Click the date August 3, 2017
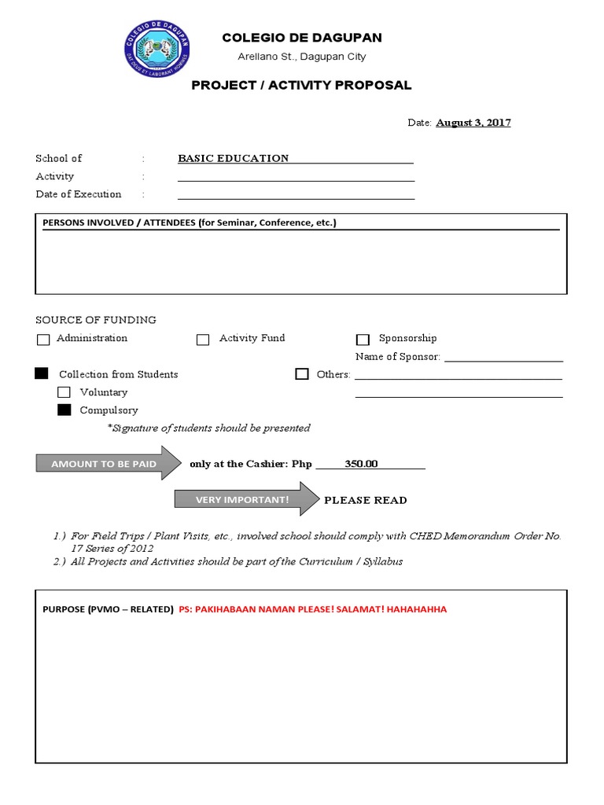tap(473, 123)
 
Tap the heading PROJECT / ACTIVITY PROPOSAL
tap(301, 85)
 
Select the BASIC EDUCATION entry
tap(234, 158)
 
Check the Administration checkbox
tap(42, 340)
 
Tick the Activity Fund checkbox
tap(203, 340)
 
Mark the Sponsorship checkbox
tap(363, 340)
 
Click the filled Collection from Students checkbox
tap(42, 374)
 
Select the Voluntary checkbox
tap(64, 392)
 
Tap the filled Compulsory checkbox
tap(64, 410)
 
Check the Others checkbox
tap(302, 374)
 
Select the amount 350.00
tap(361, 464)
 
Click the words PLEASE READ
tap(366, 500)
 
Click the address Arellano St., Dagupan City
tap(302, 57)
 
